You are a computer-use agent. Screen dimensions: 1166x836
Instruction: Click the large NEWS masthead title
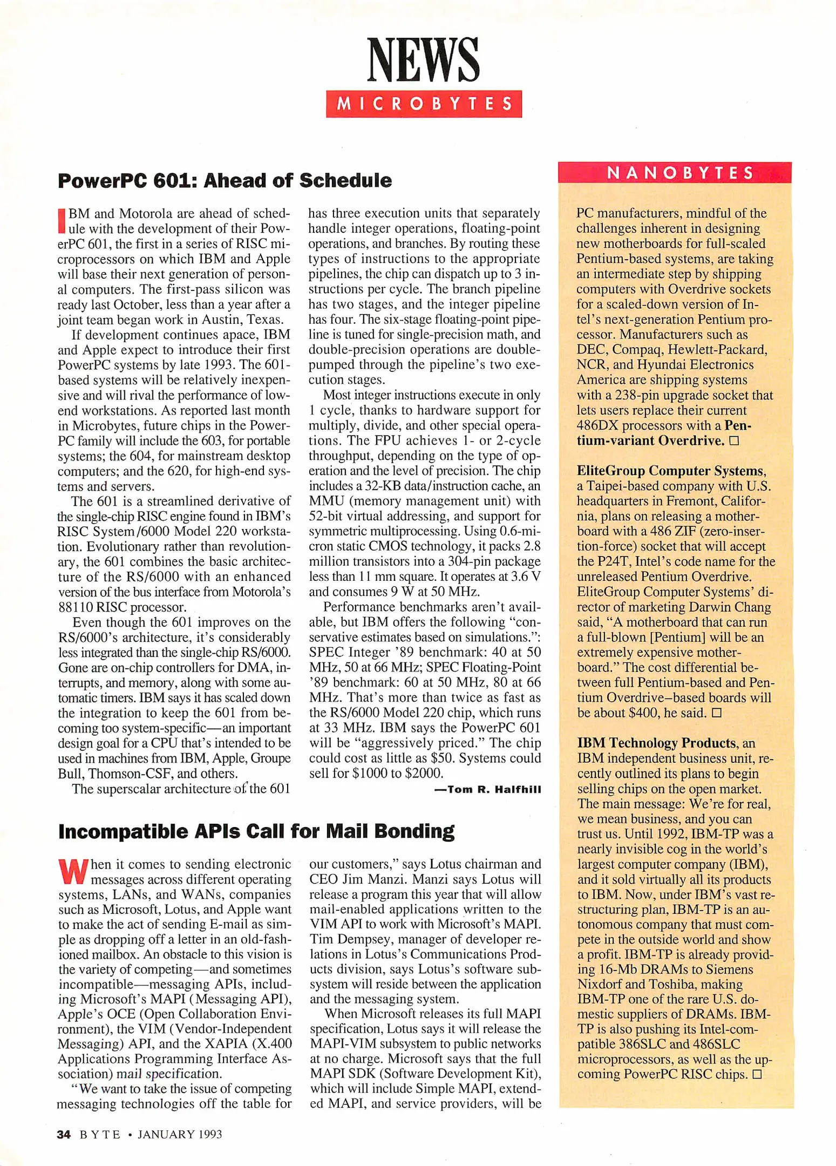[x=423, y=60]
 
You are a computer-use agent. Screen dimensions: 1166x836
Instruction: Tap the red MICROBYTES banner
[x=424, y=104]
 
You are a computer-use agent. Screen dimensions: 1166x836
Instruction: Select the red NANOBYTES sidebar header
[x=675, y=173]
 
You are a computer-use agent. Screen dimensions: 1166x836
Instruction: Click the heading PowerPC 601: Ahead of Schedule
[x=225, y=180]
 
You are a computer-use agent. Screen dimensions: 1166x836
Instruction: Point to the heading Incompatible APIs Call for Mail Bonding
[x=256, y=831]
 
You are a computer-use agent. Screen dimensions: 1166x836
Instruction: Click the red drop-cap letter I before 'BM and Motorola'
[x=62, y=220]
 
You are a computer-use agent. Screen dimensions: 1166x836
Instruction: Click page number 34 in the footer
[x=64, y=1134]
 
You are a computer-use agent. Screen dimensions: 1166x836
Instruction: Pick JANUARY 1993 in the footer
[x=180, y=1134]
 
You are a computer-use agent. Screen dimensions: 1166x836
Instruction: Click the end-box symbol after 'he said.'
[x=717, y=713]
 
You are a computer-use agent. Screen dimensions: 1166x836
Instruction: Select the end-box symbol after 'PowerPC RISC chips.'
[x=757, y=1074]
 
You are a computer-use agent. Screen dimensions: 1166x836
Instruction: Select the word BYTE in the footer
[x=100, y=1134]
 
